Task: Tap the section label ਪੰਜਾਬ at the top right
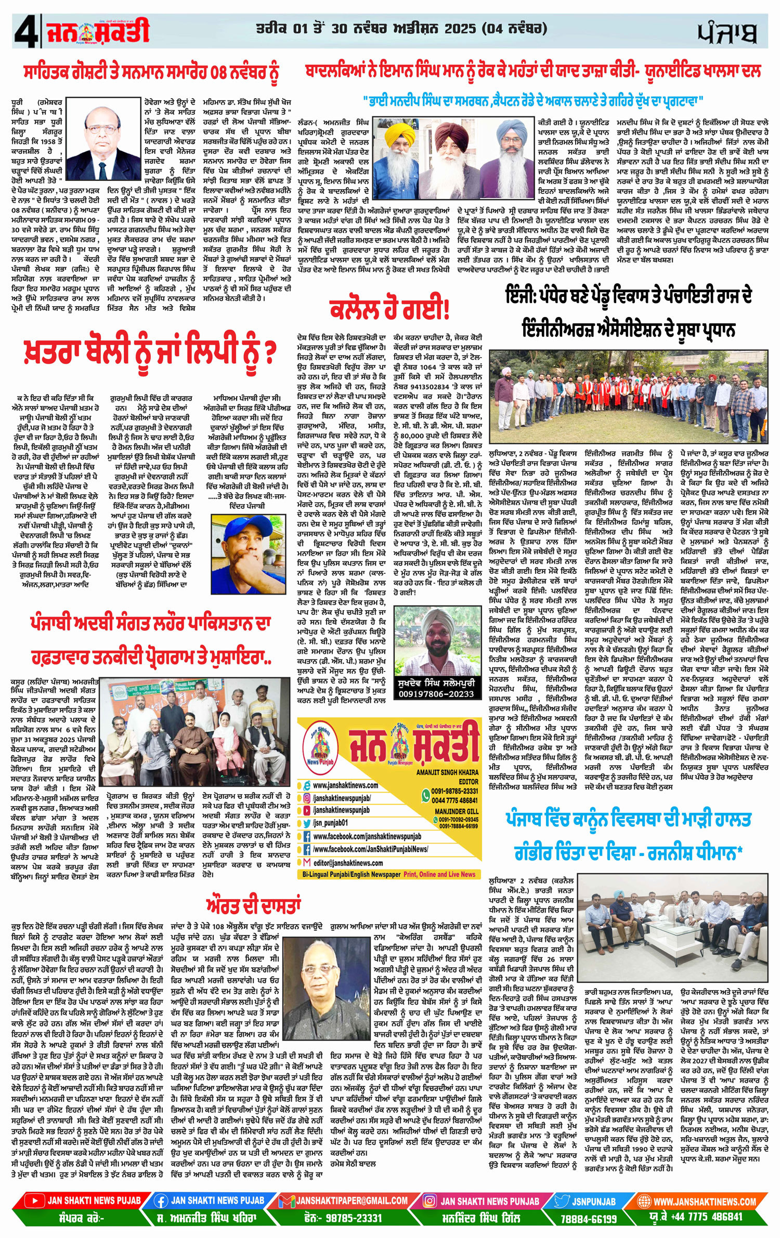(727, 33)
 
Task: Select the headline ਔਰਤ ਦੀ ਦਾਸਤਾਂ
(253, 905)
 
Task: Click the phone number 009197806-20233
(436, 694)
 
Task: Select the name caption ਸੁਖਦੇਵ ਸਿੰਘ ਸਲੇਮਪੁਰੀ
(436, 682)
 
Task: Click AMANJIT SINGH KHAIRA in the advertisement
(447, 772)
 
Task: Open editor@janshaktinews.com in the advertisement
(348, 863)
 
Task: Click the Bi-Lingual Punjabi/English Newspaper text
(351, 875)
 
